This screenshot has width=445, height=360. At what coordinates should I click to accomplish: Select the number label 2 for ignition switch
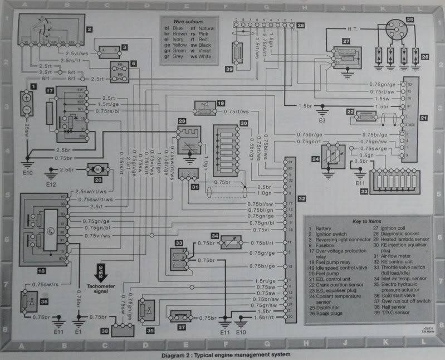pos(89,28)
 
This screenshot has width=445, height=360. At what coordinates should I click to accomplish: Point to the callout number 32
pos(301,198)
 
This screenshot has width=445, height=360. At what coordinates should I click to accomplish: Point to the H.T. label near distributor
pos(353,28)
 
